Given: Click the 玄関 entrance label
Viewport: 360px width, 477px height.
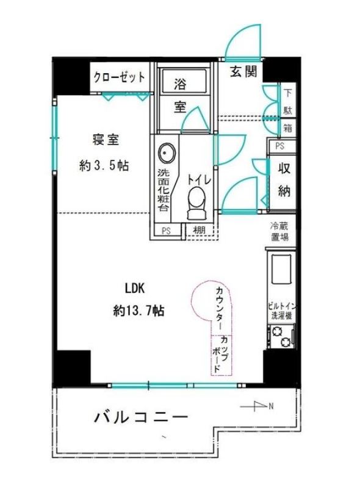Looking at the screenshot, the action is [243, 72].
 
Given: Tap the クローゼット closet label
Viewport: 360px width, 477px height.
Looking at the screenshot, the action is [119, 77].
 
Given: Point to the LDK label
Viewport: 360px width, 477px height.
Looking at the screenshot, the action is [134, 288].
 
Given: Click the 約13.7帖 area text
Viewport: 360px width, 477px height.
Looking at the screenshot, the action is [139, 310].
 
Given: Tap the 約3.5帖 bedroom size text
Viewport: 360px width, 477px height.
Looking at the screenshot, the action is [104, 165].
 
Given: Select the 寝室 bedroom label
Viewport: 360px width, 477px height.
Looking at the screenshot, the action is [106, 140].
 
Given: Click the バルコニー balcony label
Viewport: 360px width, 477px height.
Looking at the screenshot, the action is [140, 417].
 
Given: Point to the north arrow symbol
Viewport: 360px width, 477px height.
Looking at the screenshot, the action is [257, 406].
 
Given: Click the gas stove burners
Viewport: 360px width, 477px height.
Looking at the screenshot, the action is [281, 337].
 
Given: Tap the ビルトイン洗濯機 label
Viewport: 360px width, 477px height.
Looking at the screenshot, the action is [282, 311].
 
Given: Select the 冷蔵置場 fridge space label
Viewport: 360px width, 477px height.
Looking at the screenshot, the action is [279, 231].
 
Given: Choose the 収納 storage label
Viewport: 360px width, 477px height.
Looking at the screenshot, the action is [284, 181].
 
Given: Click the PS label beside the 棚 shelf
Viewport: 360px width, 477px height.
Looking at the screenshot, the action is [166, 231].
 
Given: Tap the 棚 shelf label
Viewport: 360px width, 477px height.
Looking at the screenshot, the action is [200, 230].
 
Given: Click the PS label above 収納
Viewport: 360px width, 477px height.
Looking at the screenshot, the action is [279, 146].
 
